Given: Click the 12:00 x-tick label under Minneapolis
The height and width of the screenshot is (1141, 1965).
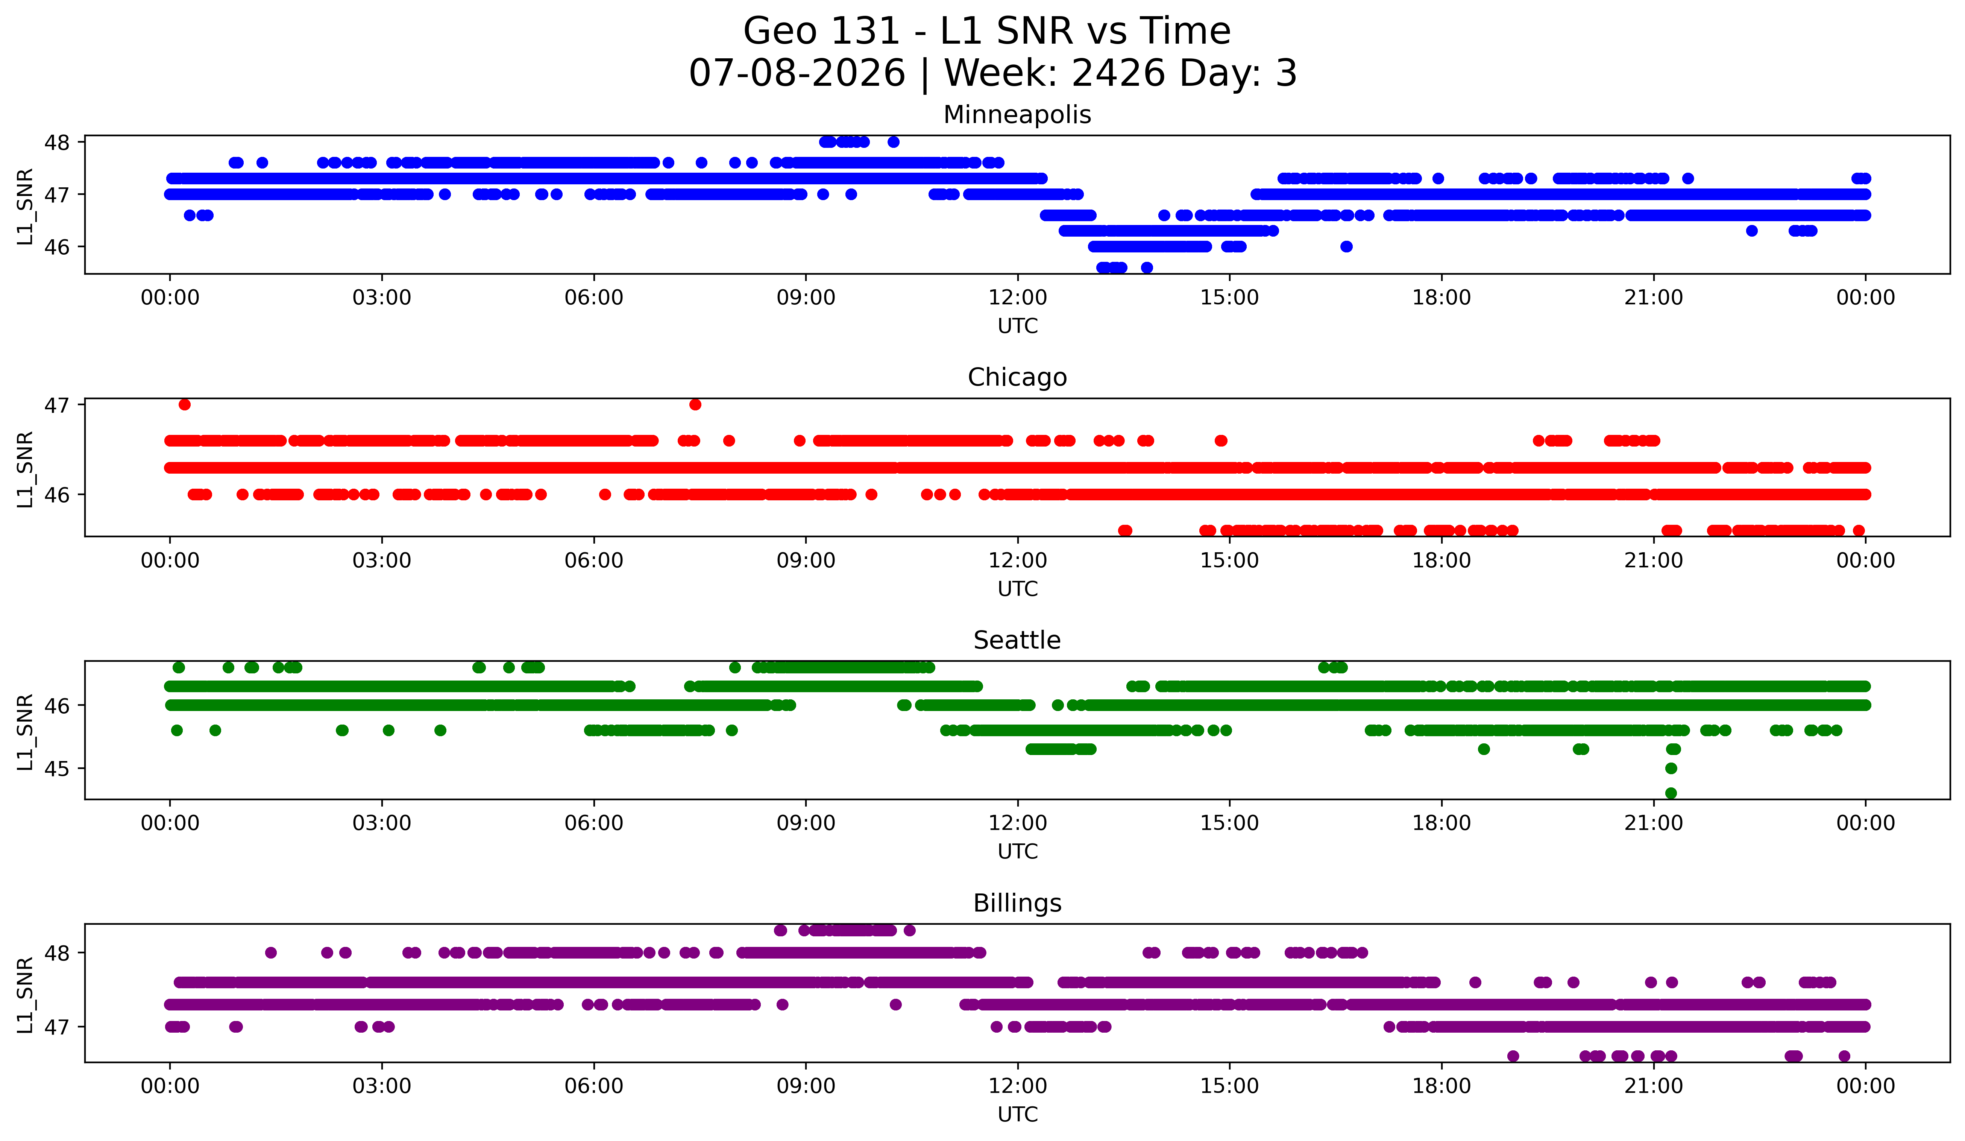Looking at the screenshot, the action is pos(1018,298).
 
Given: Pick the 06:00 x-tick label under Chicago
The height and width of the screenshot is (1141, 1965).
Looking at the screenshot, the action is pos(594,561).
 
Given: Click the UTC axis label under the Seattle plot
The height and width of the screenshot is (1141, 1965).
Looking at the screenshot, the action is pos(1018,852).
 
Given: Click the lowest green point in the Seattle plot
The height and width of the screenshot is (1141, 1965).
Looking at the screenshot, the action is pos(1670,793).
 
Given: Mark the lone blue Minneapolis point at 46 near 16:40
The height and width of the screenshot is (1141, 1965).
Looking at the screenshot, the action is pos(1346,246).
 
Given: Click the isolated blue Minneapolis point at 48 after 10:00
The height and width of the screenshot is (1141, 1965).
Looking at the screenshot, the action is pos(894,142).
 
